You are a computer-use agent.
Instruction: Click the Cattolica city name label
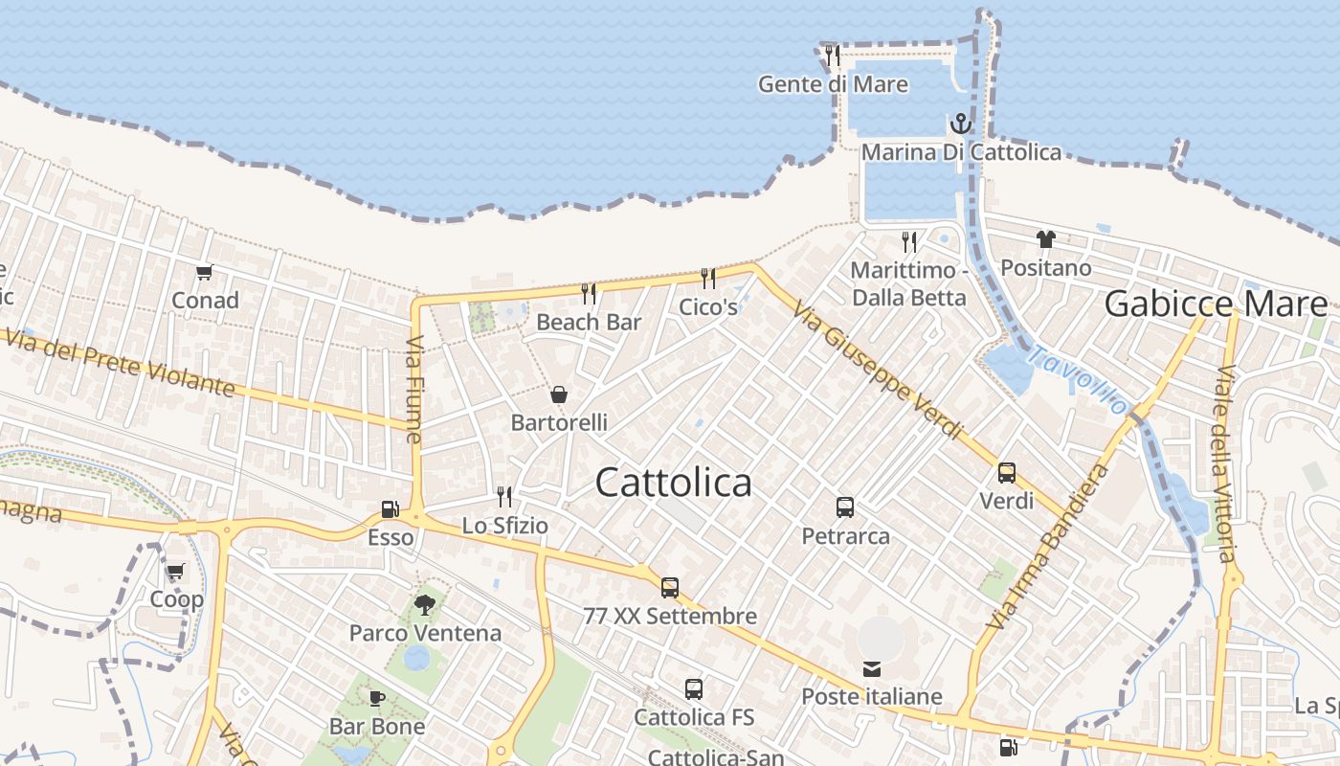673,483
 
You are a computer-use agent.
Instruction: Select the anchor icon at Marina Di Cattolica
960,124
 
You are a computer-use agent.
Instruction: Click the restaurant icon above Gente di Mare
833,55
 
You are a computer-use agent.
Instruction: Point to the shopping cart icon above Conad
204,273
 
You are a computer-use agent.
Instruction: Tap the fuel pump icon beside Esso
390,509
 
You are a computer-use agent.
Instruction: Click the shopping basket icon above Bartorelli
559,394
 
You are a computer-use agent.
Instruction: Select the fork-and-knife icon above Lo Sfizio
504,496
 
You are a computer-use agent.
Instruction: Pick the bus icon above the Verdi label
1007,472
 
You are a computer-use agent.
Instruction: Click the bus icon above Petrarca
845,507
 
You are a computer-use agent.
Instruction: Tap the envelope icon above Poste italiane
872,668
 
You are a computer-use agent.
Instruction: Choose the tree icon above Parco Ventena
425,604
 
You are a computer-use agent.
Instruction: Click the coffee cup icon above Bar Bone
377,698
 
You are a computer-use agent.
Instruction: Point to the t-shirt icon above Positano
1045,239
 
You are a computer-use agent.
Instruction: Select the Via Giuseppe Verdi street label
878,370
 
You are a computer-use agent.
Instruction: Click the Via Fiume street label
414,389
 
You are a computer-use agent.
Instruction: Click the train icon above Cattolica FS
694,688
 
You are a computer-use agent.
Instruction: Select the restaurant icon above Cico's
708,279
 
